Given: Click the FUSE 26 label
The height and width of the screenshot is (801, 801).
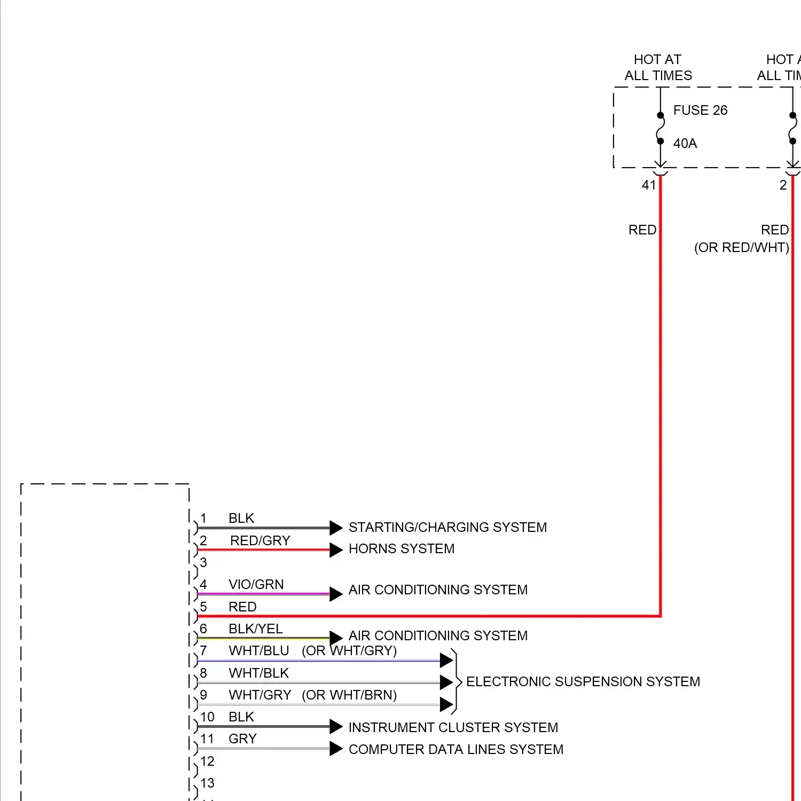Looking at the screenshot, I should [700, 111].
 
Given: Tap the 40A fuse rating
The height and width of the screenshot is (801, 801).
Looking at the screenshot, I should [685, 144].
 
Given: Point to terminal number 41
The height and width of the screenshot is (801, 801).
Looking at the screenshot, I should [649, 185].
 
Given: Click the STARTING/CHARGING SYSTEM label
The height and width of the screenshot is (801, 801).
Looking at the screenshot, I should [447, 528].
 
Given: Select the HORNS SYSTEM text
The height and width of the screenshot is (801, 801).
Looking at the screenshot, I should [401, 549].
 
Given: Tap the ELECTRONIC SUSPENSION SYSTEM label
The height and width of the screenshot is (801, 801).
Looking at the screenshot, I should [583, 682].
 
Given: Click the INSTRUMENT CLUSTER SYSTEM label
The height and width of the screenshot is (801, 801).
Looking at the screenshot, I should [453, 728].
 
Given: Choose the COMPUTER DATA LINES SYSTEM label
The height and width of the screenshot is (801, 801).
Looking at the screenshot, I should [456, 750].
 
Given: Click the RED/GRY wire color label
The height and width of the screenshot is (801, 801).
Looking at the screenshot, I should [260, 541].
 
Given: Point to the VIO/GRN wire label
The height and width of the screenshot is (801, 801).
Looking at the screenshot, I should [256, 585].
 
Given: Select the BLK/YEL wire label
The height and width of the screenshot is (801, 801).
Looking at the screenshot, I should [255, 629].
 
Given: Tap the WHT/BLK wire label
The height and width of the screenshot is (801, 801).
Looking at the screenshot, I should [258, 673].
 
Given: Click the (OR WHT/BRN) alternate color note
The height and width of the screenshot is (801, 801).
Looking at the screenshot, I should [349, 695].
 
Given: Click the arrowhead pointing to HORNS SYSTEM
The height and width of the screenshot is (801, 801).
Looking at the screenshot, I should [336, 550].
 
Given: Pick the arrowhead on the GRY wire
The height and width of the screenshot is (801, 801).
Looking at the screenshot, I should [336, 749].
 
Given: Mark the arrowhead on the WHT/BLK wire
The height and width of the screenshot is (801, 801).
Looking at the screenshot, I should [446, 682].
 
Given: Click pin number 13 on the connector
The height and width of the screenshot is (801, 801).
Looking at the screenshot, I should [207, 783].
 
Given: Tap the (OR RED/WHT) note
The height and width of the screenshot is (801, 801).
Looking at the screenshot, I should [741, 248].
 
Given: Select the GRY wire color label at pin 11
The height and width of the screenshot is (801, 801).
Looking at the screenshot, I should [242, 739].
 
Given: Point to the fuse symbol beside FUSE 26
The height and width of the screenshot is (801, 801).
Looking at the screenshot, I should [661, 128].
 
